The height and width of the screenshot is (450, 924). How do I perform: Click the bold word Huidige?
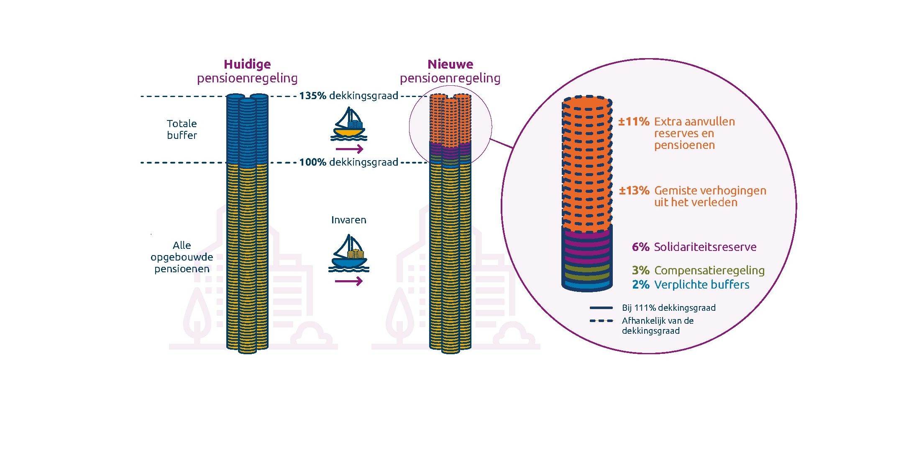coord(247,64)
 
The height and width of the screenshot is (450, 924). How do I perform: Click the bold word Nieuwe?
coord(450,64)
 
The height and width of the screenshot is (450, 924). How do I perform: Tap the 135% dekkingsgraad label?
coord(348,96)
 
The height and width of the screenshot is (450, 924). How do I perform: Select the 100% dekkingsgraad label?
coord(348,162)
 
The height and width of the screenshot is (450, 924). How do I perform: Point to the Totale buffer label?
coord(182,129)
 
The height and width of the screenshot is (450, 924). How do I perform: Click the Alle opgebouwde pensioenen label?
coord(182,257)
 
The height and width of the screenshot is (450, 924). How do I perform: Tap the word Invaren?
coord(348,220)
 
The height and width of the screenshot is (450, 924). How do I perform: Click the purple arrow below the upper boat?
coord(349,149)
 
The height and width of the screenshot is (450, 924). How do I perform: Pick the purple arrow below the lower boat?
coord(348,281)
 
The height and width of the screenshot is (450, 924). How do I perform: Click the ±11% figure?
coord(634,122)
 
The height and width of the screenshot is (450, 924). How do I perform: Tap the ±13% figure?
coord(634,191)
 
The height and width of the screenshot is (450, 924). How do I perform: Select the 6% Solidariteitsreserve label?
coord(694,247)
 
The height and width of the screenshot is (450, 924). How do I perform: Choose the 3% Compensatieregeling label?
coord(698,271)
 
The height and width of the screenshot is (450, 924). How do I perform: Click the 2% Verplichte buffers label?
coord(691,285)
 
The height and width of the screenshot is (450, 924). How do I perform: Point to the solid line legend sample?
coord(601,308)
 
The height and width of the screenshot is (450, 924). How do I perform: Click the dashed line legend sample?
coord(601,321)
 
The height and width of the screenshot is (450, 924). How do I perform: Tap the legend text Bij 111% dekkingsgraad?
coord(668,308)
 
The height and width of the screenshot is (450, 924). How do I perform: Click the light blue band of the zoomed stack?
coord(587,285)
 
